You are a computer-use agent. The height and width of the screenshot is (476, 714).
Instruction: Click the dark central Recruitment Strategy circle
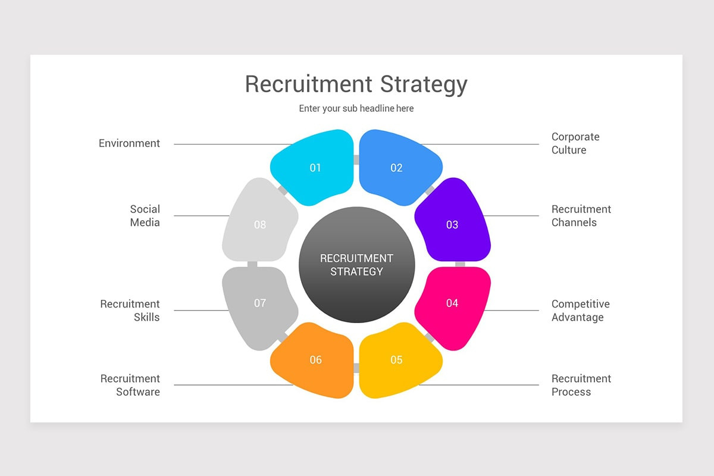[356, 265]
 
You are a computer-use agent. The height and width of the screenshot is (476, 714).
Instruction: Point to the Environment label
[129, 143]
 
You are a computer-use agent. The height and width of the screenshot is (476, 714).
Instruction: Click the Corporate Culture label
[575, 143]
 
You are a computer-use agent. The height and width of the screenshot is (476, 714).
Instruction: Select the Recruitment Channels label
[581, 216]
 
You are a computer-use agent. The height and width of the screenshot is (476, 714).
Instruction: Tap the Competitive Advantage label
[580, 311]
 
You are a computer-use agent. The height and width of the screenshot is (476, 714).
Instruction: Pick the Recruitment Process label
[581, 385]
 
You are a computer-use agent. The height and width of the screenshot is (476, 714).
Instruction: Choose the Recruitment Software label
[130, 385]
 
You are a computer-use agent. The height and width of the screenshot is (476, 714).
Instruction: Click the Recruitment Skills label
[130, 311]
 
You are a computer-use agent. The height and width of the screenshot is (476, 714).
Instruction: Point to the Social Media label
[145, 216]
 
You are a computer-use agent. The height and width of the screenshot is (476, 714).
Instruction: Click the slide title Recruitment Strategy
[356, 84]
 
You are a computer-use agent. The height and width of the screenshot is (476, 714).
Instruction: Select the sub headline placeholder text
[356, 108]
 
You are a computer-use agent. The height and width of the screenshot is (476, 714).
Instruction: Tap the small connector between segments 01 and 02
[356, 159]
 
